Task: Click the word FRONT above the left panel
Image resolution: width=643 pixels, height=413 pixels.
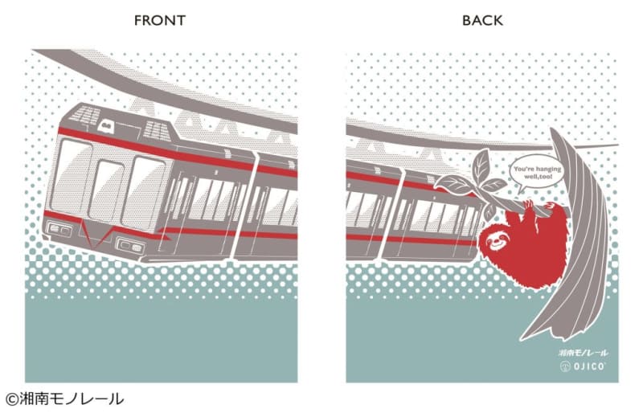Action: pos(160,20)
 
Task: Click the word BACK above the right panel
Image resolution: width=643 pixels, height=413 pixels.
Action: pos(482,20)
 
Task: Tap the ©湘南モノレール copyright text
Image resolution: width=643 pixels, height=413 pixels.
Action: pos(64,399)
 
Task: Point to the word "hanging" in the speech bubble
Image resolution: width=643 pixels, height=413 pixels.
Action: pos(548,169)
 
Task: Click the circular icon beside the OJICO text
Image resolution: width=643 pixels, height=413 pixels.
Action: pos(566,366)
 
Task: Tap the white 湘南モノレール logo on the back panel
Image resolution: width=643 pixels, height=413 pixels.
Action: pos(584,353)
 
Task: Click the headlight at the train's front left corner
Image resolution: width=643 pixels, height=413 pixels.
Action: pos(58,229)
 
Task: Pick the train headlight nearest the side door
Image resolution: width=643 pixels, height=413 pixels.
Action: pos(131,245)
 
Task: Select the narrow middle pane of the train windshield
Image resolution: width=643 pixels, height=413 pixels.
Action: pos(106,190)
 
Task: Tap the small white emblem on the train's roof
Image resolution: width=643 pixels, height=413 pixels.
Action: pos(106,125)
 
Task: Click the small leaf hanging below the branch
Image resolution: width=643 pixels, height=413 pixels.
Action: pos(489,211)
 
